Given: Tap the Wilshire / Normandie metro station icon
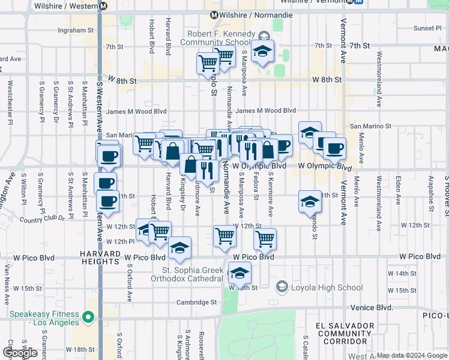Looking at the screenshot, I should [213, 15].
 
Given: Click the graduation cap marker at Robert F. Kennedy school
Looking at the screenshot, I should [262, 52].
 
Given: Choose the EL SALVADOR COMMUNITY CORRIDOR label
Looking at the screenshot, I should [340, 333].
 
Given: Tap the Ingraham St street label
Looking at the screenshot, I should [76, 29].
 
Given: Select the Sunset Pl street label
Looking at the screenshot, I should [427, 28].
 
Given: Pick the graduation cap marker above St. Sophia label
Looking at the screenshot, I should [179, 248].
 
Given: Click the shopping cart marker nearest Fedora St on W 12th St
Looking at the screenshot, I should [265, 239].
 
